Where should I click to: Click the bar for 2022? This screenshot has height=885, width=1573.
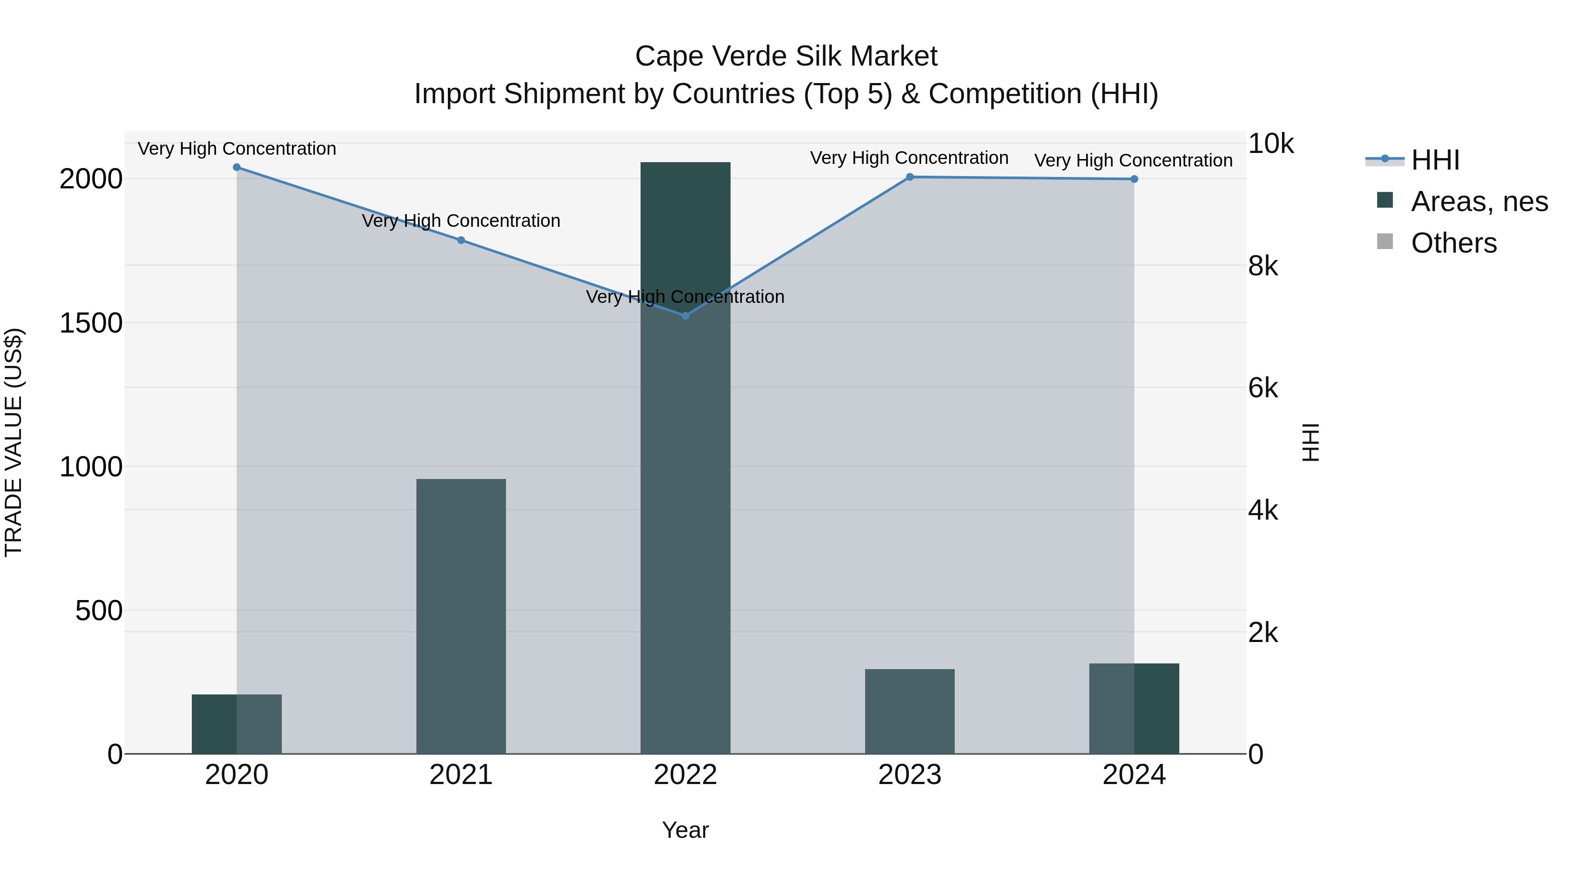[x=685, y=458]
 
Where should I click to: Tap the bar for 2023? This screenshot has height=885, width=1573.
[x=909, y=711]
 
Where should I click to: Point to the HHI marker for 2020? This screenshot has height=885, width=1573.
[x=237, y=167]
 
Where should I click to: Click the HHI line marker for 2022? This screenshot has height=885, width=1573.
[x=685, y=316]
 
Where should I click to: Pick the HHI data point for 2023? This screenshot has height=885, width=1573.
[x=909, y=177]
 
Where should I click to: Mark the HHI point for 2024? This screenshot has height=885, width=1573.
[x=1134, y=179]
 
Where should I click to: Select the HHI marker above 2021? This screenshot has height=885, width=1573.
[x=461, y=240]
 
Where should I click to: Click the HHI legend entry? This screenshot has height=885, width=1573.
[x=1435, y=160]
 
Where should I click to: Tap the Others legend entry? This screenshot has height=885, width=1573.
[x=1453, y=243]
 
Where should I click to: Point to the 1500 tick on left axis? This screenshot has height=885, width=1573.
[x=90, y=323]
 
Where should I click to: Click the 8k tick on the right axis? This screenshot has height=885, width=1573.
[x=1263, y=266]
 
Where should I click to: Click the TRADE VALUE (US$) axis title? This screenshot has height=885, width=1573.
[x=14, y=442]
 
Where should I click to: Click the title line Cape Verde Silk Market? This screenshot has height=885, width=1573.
[x=786, y=56]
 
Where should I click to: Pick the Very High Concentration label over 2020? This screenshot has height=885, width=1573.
[x=237, y=149]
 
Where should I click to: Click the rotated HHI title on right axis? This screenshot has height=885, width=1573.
[x=1310, y=442]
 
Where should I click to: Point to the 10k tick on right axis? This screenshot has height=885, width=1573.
[x=1270, y=144]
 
